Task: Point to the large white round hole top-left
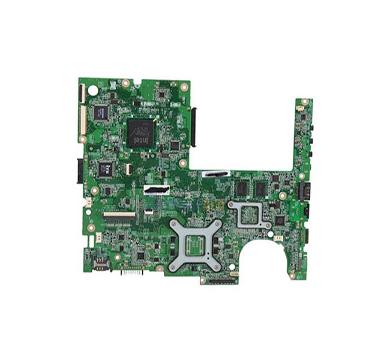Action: point(92,90)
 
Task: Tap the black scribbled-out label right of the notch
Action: point(217,173)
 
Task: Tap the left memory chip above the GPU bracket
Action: point(242,188)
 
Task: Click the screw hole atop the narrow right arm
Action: point(304,101)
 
